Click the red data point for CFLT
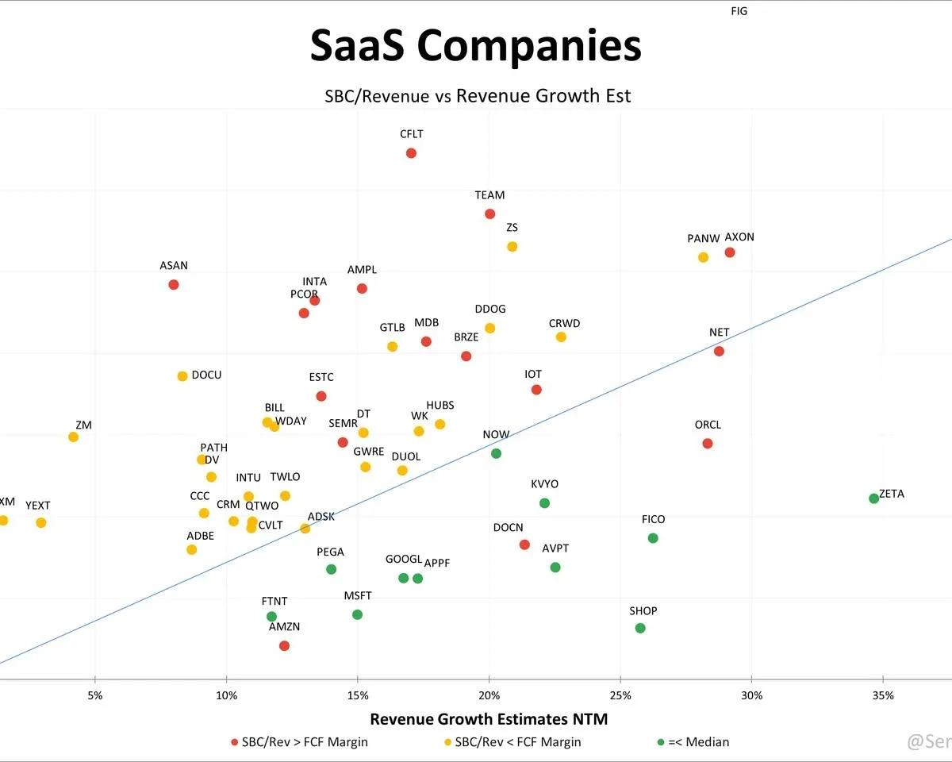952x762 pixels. click(411, 153)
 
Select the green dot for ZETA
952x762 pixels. click(873, 498)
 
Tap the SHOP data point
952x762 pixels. click(640, 628)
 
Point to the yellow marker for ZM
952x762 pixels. click(73, 437)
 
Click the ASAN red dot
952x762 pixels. click(174, 284)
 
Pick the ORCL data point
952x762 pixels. click(707, 443)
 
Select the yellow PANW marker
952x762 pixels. click(703, 257)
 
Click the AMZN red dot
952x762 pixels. click(284, 645)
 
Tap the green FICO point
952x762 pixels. click(653, 538)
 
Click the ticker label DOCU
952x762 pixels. click(206, 375)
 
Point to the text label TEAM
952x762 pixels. click(489, 195)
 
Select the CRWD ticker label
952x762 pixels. click(564, 324)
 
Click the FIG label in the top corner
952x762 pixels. click(739, 11)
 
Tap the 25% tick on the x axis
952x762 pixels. click(620, 696)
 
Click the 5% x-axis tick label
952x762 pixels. click(95, 696)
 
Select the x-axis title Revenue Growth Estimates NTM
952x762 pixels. click(489, 719)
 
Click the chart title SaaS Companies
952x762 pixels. click(475, 46)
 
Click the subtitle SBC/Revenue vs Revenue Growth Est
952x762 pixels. click(478, 96)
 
